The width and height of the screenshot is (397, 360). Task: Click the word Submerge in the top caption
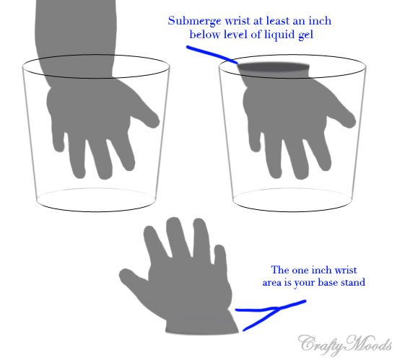[194, 21]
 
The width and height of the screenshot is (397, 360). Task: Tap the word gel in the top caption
[305, 35]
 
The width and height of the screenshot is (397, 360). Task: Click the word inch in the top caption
[320, 21]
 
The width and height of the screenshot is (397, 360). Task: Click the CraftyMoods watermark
[345, 345]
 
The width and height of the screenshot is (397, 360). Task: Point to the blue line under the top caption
[212, 54]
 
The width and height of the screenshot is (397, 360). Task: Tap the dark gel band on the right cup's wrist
[274, 67]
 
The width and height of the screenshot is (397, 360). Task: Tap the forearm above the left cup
[76, 38]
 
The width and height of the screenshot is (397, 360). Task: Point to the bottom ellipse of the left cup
[96, 211]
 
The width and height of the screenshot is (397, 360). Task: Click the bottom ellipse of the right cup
[292, 211]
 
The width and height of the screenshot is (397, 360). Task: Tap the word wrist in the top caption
[237, 21]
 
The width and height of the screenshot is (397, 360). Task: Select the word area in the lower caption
[272, 283]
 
